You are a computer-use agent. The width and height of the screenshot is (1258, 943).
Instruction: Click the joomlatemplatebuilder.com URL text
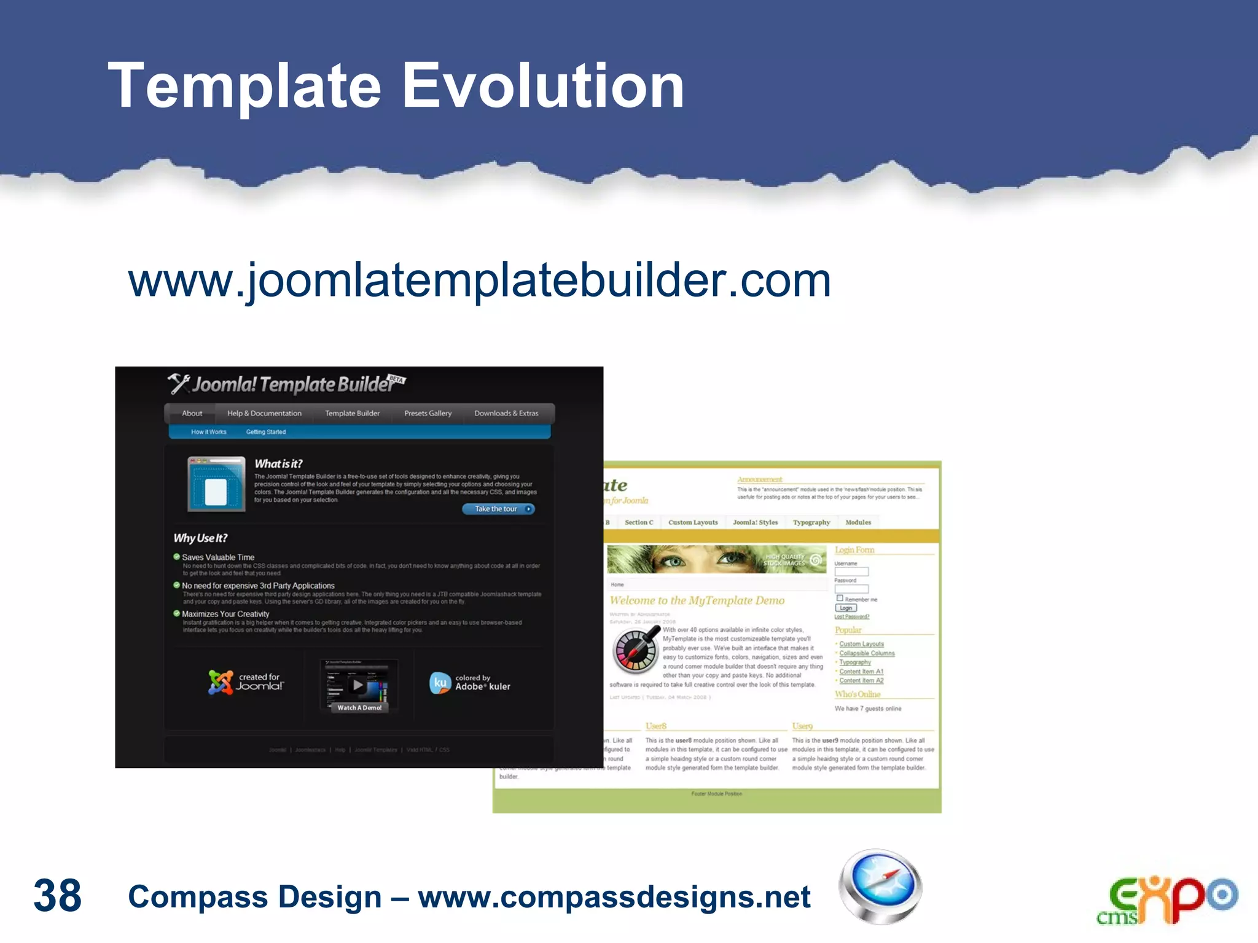coord(479,280)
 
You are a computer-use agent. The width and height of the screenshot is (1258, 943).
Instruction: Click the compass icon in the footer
coord(880,886)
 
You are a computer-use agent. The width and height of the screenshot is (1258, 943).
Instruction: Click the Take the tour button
coord(498,509)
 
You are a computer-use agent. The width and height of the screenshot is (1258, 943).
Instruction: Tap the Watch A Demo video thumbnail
coord(359,686)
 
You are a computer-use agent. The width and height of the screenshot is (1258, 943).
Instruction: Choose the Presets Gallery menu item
coord(428,413)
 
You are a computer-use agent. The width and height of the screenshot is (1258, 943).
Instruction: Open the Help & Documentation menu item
coord(264,413)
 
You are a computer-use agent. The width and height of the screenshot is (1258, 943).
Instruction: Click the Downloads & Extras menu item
coord(506,413)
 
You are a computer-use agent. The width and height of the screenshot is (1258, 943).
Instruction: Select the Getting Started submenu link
coord(266,432)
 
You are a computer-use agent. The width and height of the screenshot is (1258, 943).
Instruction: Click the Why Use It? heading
coord(200,538)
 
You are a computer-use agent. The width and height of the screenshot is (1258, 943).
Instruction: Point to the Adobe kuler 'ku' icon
coord(440,683)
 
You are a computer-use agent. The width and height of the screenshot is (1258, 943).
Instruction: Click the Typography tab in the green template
coord(811,522)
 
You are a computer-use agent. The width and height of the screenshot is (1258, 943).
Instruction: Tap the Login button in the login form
coord(845,608)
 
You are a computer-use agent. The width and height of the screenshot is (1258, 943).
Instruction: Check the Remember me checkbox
coord(840,598)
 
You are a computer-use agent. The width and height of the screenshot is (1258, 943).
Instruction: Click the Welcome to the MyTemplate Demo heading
coord(697,600)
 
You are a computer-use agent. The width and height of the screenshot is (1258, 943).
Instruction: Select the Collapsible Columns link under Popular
coord(867,653)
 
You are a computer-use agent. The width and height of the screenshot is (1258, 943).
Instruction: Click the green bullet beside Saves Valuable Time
coord(177,557)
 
